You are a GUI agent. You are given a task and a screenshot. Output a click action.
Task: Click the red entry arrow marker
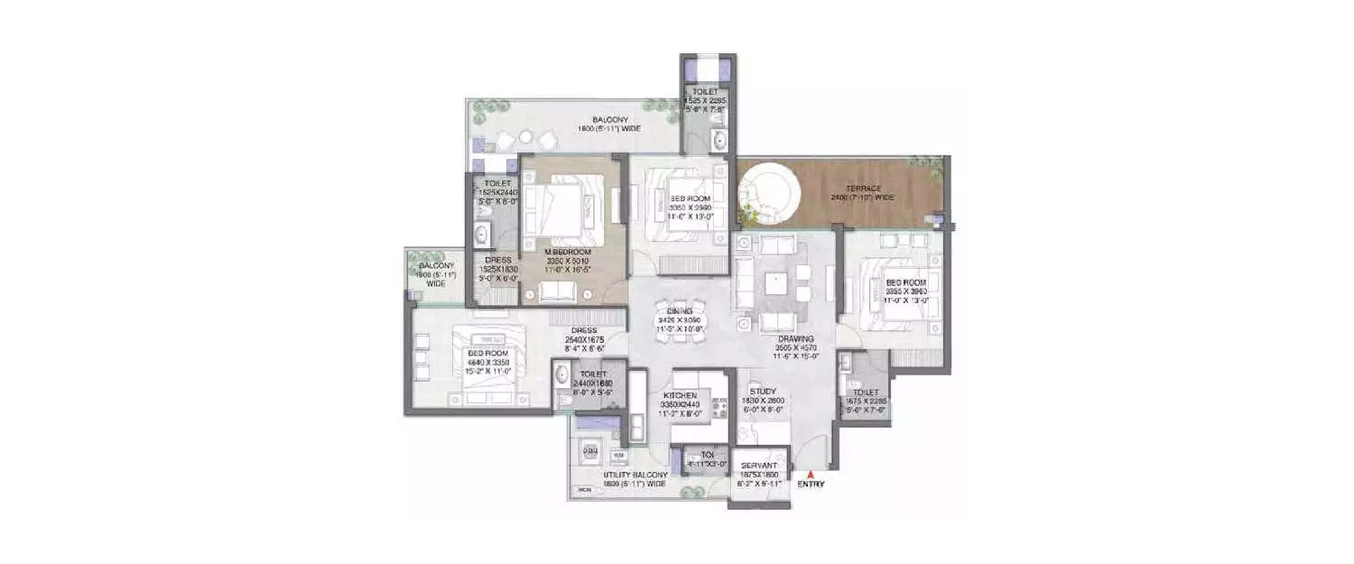[810, 473]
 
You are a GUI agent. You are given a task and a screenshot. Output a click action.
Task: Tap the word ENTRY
[810, 485]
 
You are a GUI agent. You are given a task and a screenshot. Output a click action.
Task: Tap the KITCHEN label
[679, 396]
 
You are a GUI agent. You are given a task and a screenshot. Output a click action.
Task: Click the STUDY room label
[763, 392]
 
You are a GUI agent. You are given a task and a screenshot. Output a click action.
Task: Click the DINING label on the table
[679, 311]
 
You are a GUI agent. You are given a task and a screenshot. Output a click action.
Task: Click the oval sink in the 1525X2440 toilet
[479, 237]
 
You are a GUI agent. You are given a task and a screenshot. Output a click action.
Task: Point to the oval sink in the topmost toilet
[719, 139]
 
